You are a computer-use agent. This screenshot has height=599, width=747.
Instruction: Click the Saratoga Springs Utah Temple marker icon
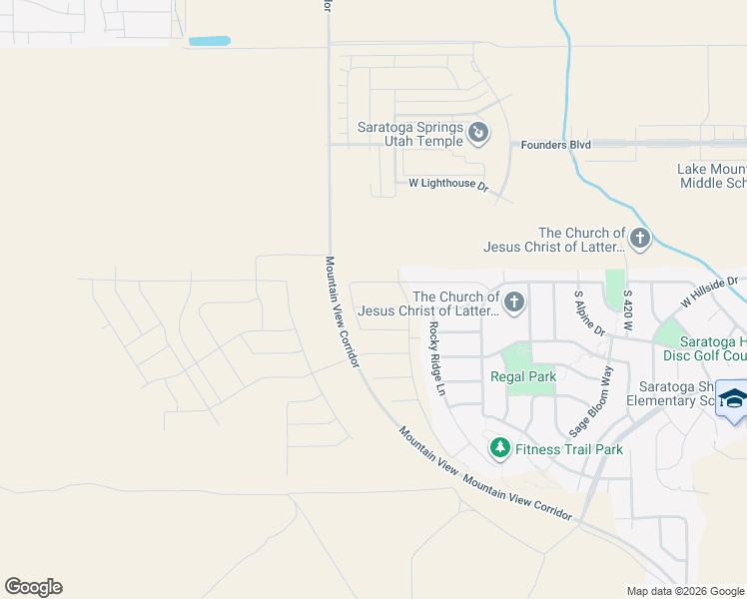[478, 132]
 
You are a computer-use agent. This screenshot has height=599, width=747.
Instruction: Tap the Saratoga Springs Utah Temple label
[410, 134]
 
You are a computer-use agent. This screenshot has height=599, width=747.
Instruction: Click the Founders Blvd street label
[555, 145]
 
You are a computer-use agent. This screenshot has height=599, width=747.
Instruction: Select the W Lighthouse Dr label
[447, 185]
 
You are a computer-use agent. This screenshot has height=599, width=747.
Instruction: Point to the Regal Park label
[522, 376]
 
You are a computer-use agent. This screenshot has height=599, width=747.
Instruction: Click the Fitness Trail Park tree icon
[499, 449]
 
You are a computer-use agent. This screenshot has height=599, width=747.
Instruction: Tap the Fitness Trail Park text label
[569, 449]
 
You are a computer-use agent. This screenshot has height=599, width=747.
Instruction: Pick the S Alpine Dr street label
[584, 312]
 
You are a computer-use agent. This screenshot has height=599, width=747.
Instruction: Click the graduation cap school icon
[732, 399]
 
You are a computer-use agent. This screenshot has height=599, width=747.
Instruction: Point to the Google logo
[33, 587]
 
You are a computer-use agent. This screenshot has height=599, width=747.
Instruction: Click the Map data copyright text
[684, 591]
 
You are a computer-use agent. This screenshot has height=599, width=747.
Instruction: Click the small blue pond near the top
[209, 42]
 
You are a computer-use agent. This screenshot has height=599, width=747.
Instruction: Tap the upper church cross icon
[639, 239]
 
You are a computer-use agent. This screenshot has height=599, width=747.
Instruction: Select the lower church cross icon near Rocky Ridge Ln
[514, 302]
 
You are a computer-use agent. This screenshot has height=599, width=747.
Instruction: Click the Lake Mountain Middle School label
[711, 176]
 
